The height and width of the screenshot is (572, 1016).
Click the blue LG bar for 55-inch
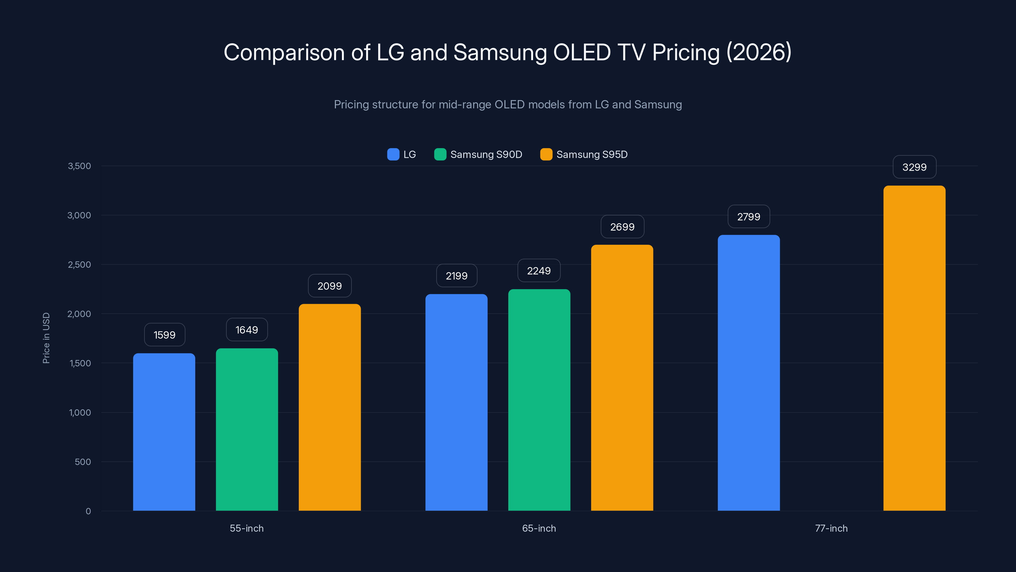[x=164, y=432]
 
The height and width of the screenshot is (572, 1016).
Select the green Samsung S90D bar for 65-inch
[x=539, y=399]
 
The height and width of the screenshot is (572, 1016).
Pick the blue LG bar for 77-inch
[x=749, y=373]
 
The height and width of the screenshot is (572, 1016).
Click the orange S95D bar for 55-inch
[x=330, y=407]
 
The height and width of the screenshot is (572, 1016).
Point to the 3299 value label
[x=914, y=167]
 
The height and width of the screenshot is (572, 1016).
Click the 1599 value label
[x=164, y=335]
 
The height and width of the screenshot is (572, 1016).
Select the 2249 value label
[x=539, y=271]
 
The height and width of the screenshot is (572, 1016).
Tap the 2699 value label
[x=622, y=227]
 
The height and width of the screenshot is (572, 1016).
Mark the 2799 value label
[x=749, y=216]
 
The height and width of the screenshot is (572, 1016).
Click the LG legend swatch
[x=393, y=154]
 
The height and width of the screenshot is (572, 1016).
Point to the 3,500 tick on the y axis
[x=79, y=166]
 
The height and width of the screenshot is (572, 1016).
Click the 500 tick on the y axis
[x=83, y=461]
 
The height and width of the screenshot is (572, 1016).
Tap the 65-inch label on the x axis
[x=539, y=528]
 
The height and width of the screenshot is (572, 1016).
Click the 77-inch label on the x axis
[x=831, y=528]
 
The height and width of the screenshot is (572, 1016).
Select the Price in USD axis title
[x=46, y=338]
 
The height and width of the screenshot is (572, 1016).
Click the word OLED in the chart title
[x=582, y=52]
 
